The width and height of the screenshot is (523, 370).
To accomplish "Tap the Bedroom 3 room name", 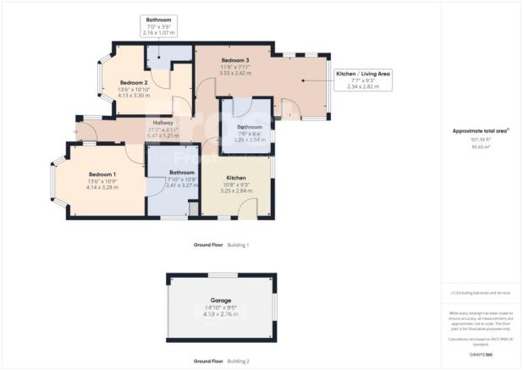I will pos(234,61).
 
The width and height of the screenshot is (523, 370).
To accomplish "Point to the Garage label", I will pos(220,301).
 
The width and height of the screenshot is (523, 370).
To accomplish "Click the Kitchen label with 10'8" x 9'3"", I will pos(236,179).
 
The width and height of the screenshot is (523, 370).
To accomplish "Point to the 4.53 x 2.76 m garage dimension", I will pos(220,314).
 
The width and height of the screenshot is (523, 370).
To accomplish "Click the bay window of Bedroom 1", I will pos(53,180).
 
